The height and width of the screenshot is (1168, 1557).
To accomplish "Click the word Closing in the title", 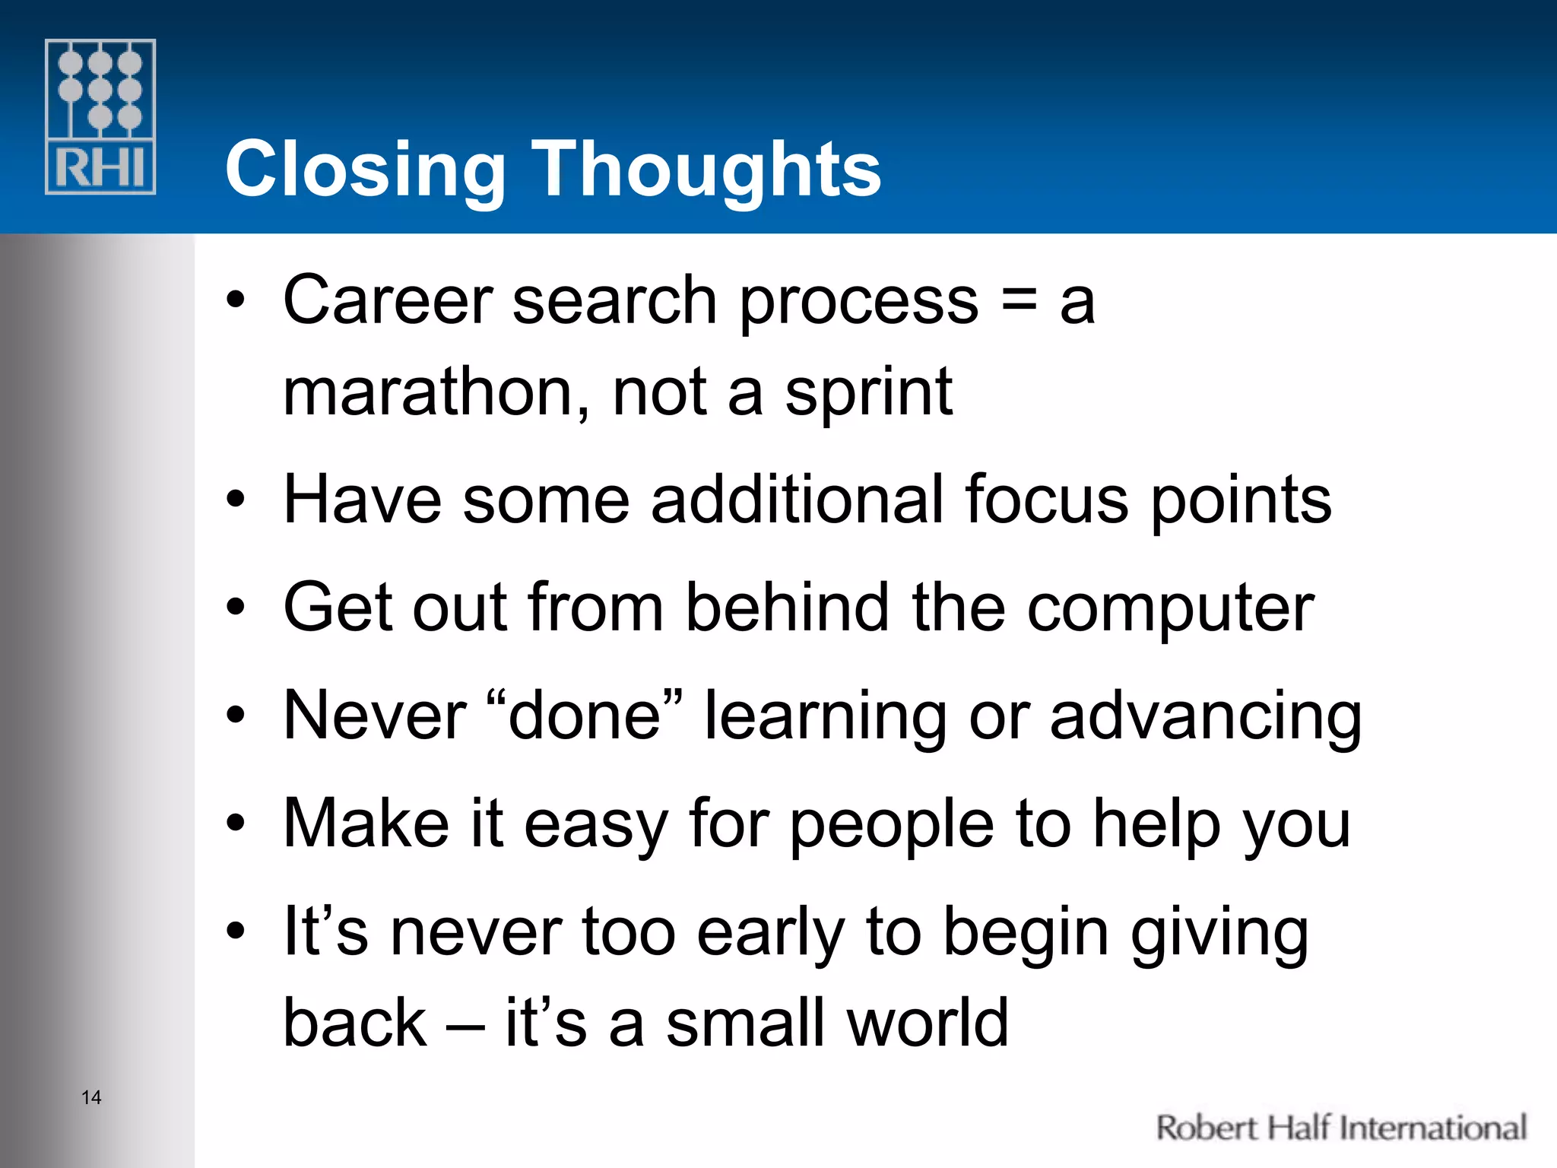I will coord(365,170).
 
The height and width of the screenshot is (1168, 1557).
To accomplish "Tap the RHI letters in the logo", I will coord(100,167).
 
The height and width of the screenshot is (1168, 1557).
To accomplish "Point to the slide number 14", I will coord(91,1097).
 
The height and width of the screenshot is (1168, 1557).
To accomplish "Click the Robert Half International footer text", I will coord(1341,1128).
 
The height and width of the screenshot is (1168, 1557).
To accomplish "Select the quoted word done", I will coord(584,716).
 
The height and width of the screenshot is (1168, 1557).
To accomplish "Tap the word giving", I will coord(1219,935).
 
